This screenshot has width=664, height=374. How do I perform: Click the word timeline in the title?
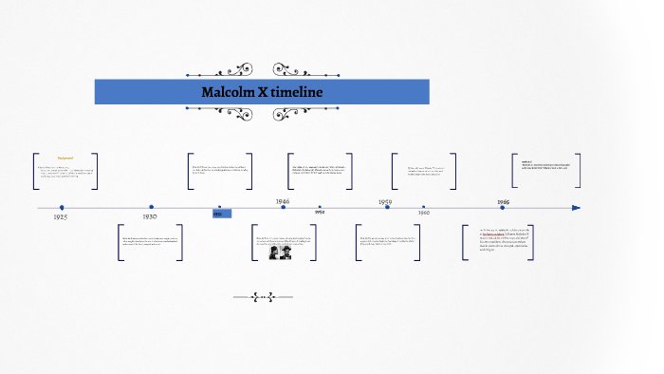[x=298, y=92]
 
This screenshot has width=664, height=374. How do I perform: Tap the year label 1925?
[x=61, y=217]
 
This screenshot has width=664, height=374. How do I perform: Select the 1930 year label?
[x=150, y=216]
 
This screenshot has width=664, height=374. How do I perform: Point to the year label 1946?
[x=283, y=201]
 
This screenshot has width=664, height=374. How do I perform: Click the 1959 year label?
[x=385, y=201]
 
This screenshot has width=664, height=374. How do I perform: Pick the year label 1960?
[x=423, y=213]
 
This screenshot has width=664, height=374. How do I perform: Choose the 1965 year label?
[x=502, y=202]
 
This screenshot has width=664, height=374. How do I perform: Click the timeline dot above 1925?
[x=62, y=207]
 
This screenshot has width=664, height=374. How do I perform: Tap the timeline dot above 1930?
[x=151, y=206]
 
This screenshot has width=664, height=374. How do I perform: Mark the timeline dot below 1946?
[x=283, y=207]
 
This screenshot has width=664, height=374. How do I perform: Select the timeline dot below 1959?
[x=387, y=207]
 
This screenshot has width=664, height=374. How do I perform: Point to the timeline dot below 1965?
[x=502, y=207]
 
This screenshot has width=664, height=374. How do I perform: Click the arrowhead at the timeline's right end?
[x=576, y=207]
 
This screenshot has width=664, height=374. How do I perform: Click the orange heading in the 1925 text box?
[x=65, y=158]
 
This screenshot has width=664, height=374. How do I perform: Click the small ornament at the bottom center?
[x=263, y=297]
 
